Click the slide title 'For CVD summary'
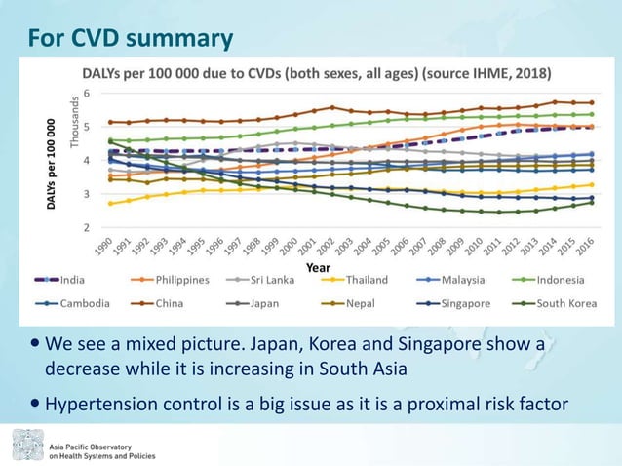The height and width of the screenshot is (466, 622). [130, 38]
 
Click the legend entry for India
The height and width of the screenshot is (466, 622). [71, 279]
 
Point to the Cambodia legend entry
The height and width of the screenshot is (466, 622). [85, 302]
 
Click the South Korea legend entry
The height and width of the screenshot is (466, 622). [566, 302]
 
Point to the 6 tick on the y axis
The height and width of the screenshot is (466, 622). [87, 93]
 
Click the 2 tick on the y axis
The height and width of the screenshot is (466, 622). [87, 227]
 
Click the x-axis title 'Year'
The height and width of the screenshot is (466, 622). [318, 266]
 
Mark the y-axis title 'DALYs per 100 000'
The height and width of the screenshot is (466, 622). [50, 163]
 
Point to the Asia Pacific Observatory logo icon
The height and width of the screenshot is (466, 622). [26, 446]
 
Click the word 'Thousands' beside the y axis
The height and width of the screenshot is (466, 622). [72, 122]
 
